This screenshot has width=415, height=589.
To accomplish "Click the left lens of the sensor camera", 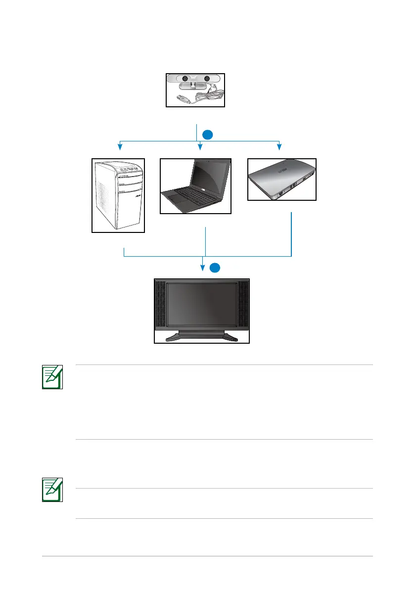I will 184,78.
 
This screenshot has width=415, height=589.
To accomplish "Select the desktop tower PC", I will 118,195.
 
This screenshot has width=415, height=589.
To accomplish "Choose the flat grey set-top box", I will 281,179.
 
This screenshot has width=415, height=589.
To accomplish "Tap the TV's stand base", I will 202,337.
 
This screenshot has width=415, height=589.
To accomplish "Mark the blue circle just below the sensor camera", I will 208,134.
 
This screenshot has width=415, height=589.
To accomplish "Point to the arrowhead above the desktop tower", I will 119,146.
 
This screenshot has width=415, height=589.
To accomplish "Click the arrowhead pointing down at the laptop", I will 199,146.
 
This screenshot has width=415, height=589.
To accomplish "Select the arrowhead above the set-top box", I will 280,146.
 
